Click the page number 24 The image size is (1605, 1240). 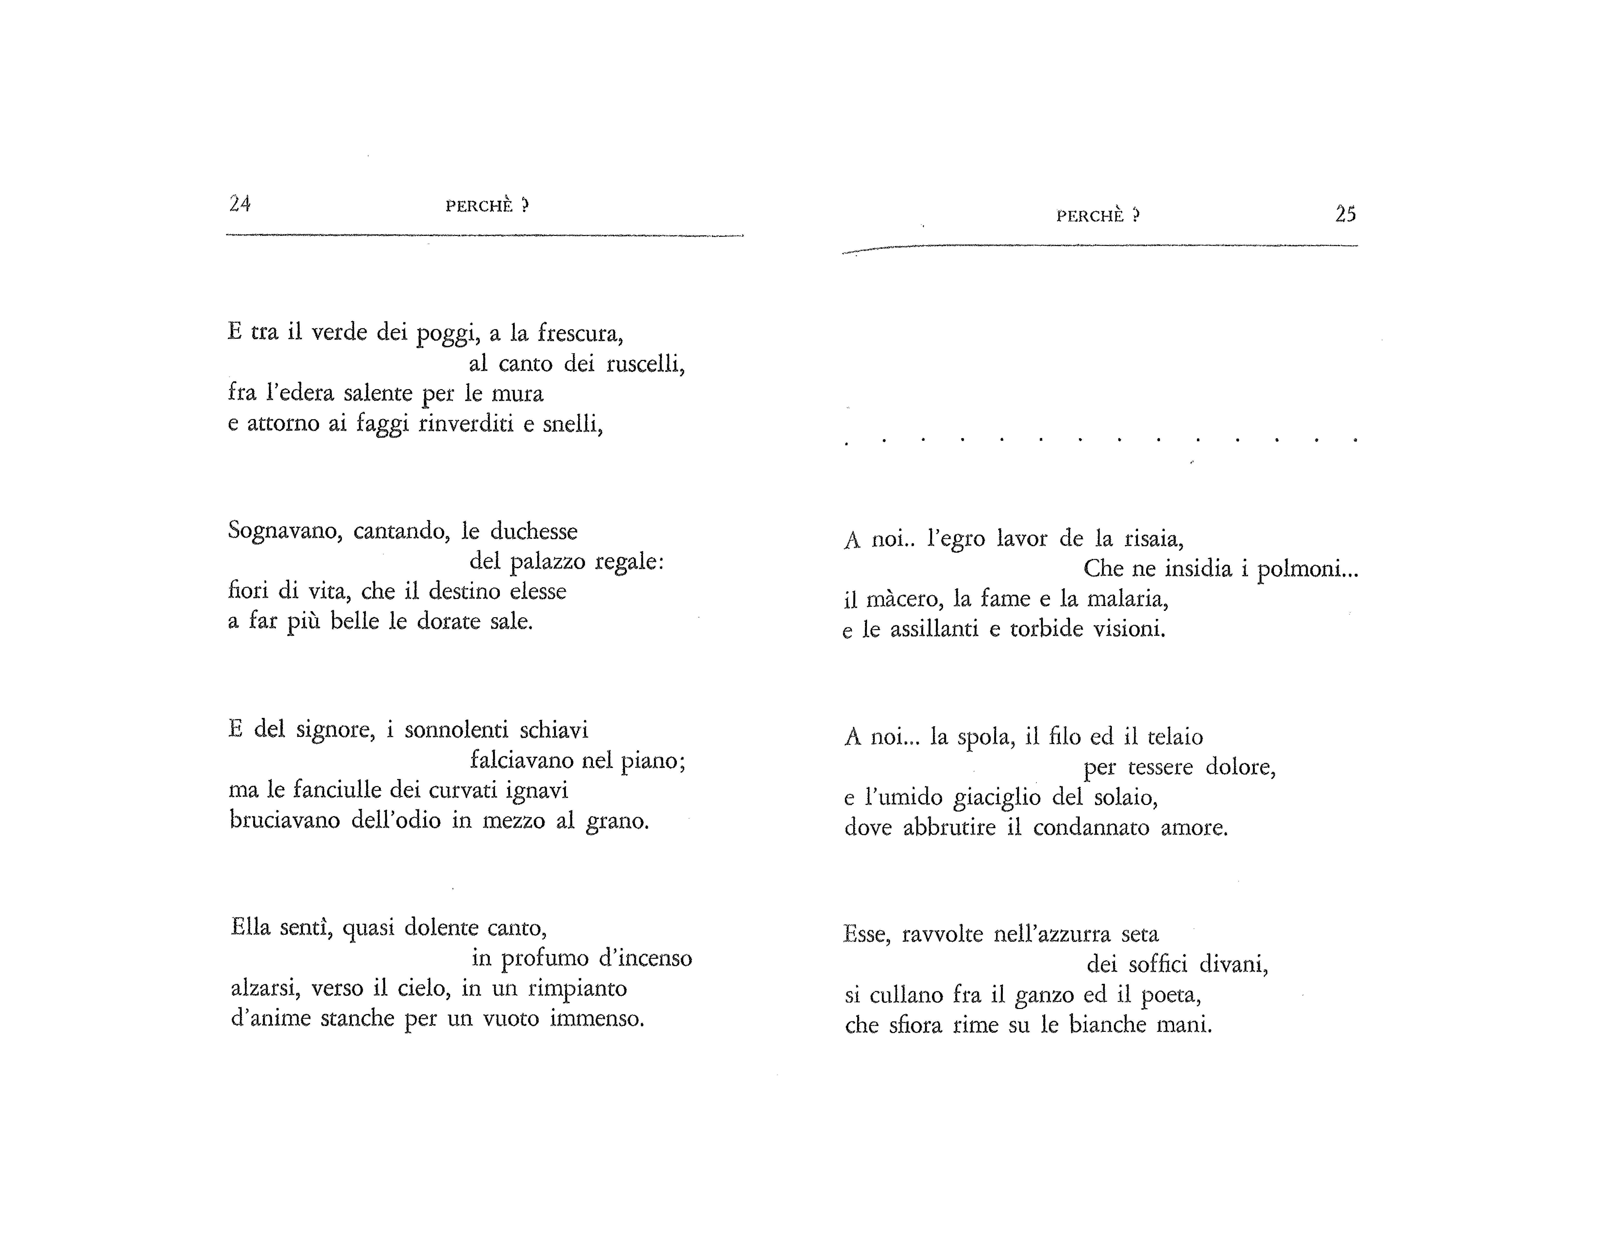coord(240,204)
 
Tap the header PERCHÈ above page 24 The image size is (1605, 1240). coord(479,206)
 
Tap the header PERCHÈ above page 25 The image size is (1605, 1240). coord(1090,216)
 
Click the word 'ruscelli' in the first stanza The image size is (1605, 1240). coord(644,364)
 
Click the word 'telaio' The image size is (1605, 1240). coord(1175,737)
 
